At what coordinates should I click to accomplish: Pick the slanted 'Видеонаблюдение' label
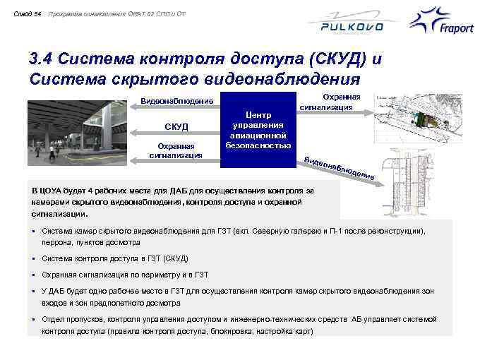[x=339, y=164]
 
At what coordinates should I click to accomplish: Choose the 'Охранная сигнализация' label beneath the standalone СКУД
[x=176, y=150]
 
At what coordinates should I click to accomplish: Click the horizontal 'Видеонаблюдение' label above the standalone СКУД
[x=177, y=100]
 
